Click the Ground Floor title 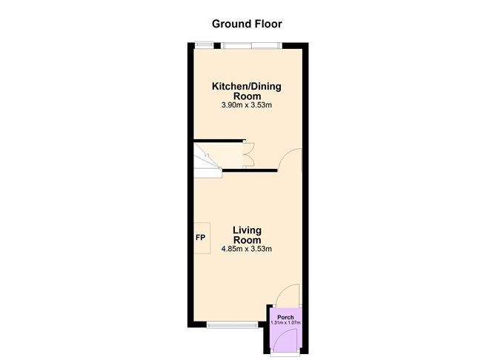pos(247,24)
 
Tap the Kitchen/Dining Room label pos(247,91)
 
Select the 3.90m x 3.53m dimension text pos(247,105)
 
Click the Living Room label pos(247,235)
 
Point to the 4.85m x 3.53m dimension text pos(247,249)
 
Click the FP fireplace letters pos(201,238)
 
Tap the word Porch pos(285,317)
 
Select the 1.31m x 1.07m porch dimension pos(285,323)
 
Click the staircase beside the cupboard pos(208,160)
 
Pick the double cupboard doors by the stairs pos(249,155)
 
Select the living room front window pos(233,324)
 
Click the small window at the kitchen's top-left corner pos(204,45)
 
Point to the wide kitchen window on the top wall pos(251,45)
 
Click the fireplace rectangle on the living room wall pos(202,238)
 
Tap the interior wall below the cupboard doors pos(250,170)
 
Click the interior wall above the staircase pos(219,141)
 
